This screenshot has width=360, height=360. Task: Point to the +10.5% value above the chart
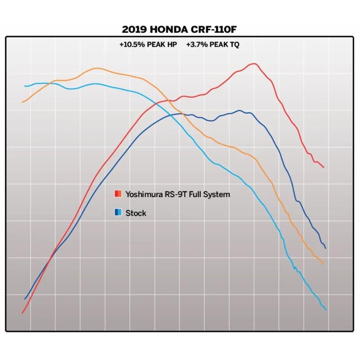coord(131,45)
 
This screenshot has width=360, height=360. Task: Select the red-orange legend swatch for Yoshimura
coord(117,194)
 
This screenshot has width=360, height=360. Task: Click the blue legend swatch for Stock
coord(117,213)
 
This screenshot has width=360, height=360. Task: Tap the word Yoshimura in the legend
coord(144,194)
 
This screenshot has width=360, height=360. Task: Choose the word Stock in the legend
coord(136,213)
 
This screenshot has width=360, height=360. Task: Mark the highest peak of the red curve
coord(254,63)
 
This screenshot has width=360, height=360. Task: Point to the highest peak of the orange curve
coord(96,68)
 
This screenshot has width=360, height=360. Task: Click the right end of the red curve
coord(324,167)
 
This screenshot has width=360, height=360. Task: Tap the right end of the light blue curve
coord(325,310)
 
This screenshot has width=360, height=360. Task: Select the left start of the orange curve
coord(22,102)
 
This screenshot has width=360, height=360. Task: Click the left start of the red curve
coord(22,313)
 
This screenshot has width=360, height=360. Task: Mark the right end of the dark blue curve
coord(325,248)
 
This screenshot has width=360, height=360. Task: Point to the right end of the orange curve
coord(323,264)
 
